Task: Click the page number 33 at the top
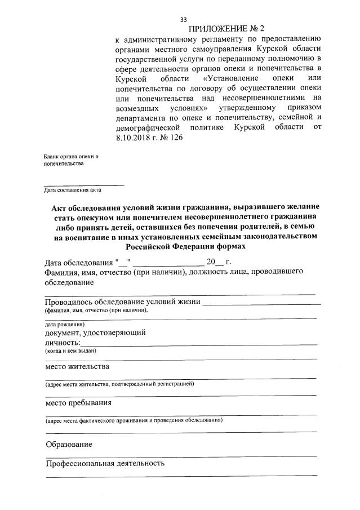(183, 19)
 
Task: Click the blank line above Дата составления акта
(84, 184)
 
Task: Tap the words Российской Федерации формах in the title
(185, 247)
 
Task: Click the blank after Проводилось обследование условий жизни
(262, 303)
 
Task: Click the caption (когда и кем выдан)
(71, 351)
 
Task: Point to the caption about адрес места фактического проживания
(134, 420)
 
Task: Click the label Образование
(69, 444)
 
